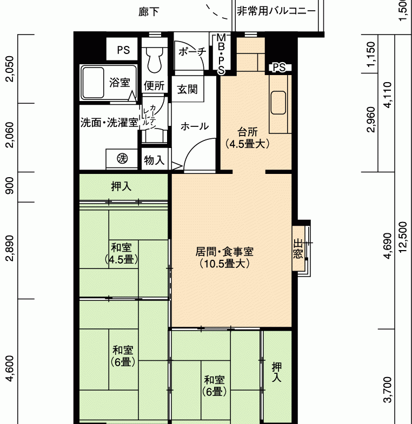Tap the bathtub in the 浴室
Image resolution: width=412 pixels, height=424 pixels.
pos(93,83)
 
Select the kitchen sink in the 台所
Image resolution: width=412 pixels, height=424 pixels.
pos(278,103)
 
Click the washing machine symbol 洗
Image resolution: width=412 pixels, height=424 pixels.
pos(122,158)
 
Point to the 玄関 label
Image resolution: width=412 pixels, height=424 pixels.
pos(187,89)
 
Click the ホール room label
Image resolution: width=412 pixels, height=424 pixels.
pos(195,126)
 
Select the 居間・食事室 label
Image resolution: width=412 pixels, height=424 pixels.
pos(224,252)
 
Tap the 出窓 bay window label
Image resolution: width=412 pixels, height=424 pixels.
pos(298,249)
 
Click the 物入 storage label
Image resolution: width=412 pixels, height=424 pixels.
pos(154,160)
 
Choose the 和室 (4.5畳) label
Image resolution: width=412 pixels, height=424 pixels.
pos(122,253)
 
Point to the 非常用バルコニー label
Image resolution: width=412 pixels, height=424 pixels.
pos(276,11)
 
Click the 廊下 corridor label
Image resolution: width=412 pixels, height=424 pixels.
pos(149,12)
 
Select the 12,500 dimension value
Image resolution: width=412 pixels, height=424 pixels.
pos(403,237)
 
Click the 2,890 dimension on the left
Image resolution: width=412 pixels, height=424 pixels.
pos(10,248)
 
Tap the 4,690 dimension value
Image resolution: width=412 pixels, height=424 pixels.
pos(387,246)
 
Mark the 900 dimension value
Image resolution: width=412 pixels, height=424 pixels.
pos(10,186)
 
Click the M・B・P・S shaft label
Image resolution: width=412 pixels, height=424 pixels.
pos(221,55)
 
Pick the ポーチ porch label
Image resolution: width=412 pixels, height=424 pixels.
pos(192,51)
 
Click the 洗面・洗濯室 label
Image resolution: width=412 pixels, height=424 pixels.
pos(109,123)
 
